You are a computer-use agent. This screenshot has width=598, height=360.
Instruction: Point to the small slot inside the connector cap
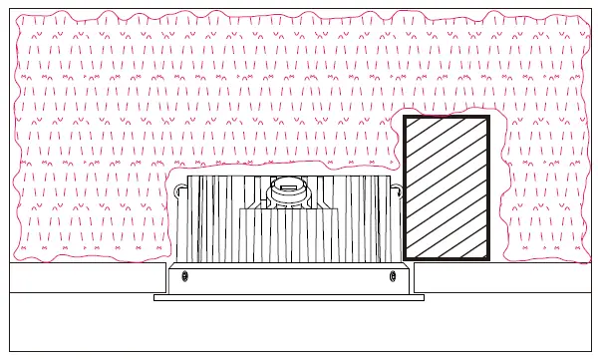(288, 183)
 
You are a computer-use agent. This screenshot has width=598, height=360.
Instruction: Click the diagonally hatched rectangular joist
(447, 187)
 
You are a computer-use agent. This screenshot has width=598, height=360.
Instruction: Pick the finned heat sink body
(214, 219)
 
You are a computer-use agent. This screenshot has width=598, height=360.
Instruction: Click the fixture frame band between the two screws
(289, 279)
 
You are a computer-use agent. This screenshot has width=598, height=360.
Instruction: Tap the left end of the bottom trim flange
(158, 297)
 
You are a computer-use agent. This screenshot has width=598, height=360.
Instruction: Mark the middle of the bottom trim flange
(289, 297)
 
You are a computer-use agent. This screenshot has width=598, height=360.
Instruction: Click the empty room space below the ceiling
(299, 329)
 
